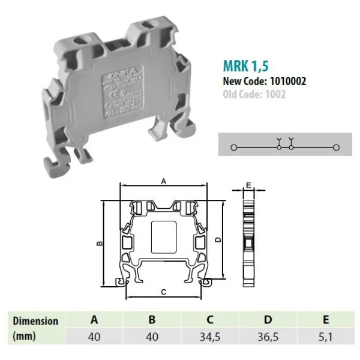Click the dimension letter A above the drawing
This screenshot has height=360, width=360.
(x=163, y=180)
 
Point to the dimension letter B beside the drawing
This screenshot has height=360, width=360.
(x=100, y=243)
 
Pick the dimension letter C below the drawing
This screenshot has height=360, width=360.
(x=163, y=291)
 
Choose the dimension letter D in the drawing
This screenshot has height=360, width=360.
(x=218, y=239)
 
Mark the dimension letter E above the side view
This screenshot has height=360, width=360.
(x=247, y=185)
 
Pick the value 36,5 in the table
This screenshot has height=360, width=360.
(x=268, y=337)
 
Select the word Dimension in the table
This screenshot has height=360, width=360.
(x=35, y=320)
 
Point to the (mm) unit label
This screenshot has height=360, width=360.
(x=24, y=337)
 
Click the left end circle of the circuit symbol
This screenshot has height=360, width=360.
(x=235, y=147)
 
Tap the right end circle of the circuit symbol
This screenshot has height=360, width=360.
(x=336, y=147)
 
